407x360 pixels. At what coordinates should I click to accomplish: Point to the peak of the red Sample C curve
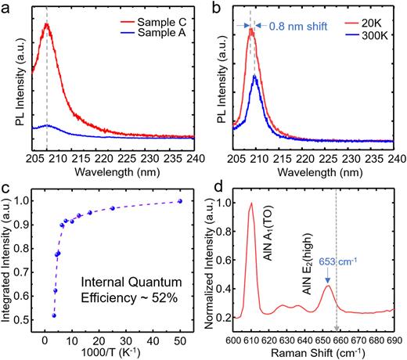pyautogui.click(x=48, y=24)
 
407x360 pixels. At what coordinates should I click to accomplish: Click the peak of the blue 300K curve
pyautogui.click(x=254, y=76)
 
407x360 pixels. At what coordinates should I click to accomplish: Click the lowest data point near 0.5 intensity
pyautogui.click(x=53, y=315)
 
